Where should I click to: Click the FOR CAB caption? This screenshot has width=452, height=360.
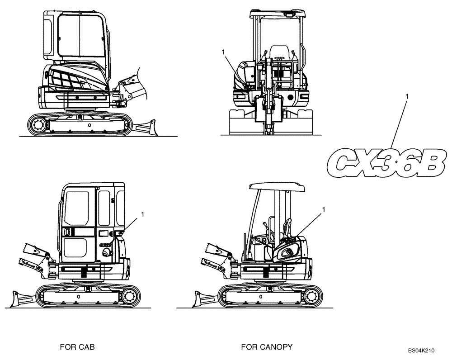(x=77, y=347)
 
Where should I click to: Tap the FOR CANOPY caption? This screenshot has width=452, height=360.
(x=267, y=347)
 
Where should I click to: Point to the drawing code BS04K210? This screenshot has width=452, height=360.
(x=421, y=350)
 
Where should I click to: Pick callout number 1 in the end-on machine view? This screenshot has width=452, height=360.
(x=223, y=52)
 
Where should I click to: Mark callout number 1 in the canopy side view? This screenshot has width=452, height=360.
(x=324, y=209)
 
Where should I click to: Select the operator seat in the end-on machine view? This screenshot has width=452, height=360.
(x=279, y=53)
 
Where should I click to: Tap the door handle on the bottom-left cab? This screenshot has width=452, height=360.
(x=67, y=232)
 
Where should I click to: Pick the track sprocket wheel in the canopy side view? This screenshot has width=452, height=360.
(x=311, y=296)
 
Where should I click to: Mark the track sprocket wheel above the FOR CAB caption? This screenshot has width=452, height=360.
(x=129, y=296)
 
